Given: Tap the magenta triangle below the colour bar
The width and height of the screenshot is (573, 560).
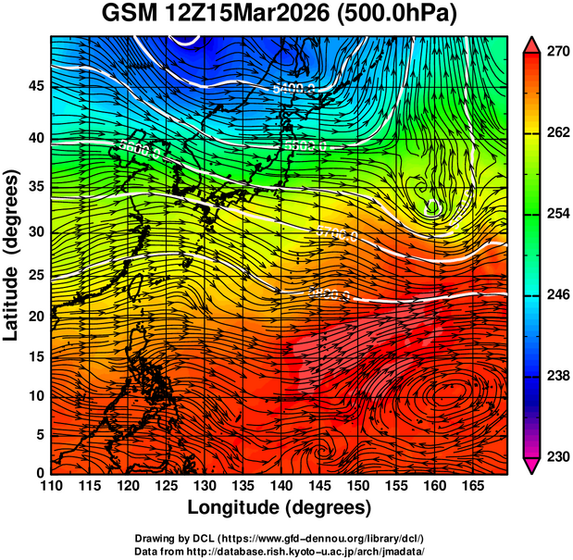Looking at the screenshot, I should point(533,466).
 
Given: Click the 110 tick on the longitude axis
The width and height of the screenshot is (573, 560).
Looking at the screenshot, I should point(52,485).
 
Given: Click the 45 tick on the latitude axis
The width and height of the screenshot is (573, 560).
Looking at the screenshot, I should point(35,85).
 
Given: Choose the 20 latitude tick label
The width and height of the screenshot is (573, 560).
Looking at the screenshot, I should point(35,317).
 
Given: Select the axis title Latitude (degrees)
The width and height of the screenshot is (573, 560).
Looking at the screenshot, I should point(12,255).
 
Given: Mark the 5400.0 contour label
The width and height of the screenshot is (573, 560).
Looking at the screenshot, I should point(294,87).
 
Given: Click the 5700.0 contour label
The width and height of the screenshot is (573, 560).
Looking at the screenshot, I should point(336,234).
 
